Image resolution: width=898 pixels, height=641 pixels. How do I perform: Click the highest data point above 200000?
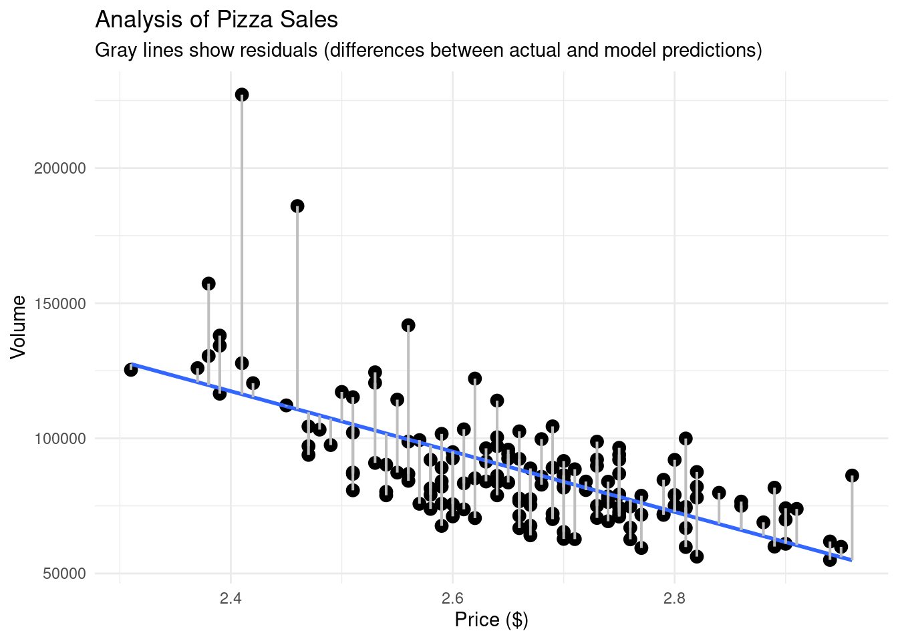point(242,95)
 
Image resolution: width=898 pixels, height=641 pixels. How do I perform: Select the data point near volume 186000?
point(297,206)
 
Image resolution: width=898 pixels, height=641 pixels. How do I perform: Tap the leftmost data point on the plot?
point(131,369)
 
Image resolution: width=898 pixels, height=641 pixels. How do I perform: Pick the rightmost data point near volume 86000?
point(852,475)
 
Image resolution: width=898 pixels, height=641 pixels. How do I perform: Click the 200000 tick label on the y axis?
point(60,168)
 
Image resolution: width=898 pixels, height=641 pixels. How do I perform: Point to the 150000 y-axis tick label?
point(60,304)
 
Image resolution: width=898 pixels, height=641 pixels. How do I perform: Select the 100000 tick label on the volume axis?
point(60,439)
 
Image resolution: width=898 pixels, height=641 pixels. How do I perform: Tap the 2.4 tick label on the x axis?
point(231,595)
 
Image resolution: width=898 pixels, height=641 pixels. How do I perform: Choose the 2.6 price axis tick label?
point(452,595)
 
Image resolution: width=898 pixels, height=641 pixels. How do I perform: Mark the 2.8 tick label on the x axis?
point(674,595)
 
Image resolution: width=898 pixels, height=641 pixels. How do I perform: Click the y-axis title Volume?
point(19,327)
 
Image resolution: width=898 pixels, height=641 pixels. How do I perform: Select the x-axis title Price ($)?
point(491,620)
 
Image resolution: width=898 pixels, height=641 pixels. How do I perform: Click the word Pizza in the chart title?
point(240,20)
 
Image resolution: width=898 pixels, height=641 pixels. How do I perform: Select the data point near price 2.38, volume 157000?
point(208,284)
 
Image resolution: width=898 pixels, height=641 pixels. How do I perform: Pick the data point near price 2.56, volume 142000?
point(408,325)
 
